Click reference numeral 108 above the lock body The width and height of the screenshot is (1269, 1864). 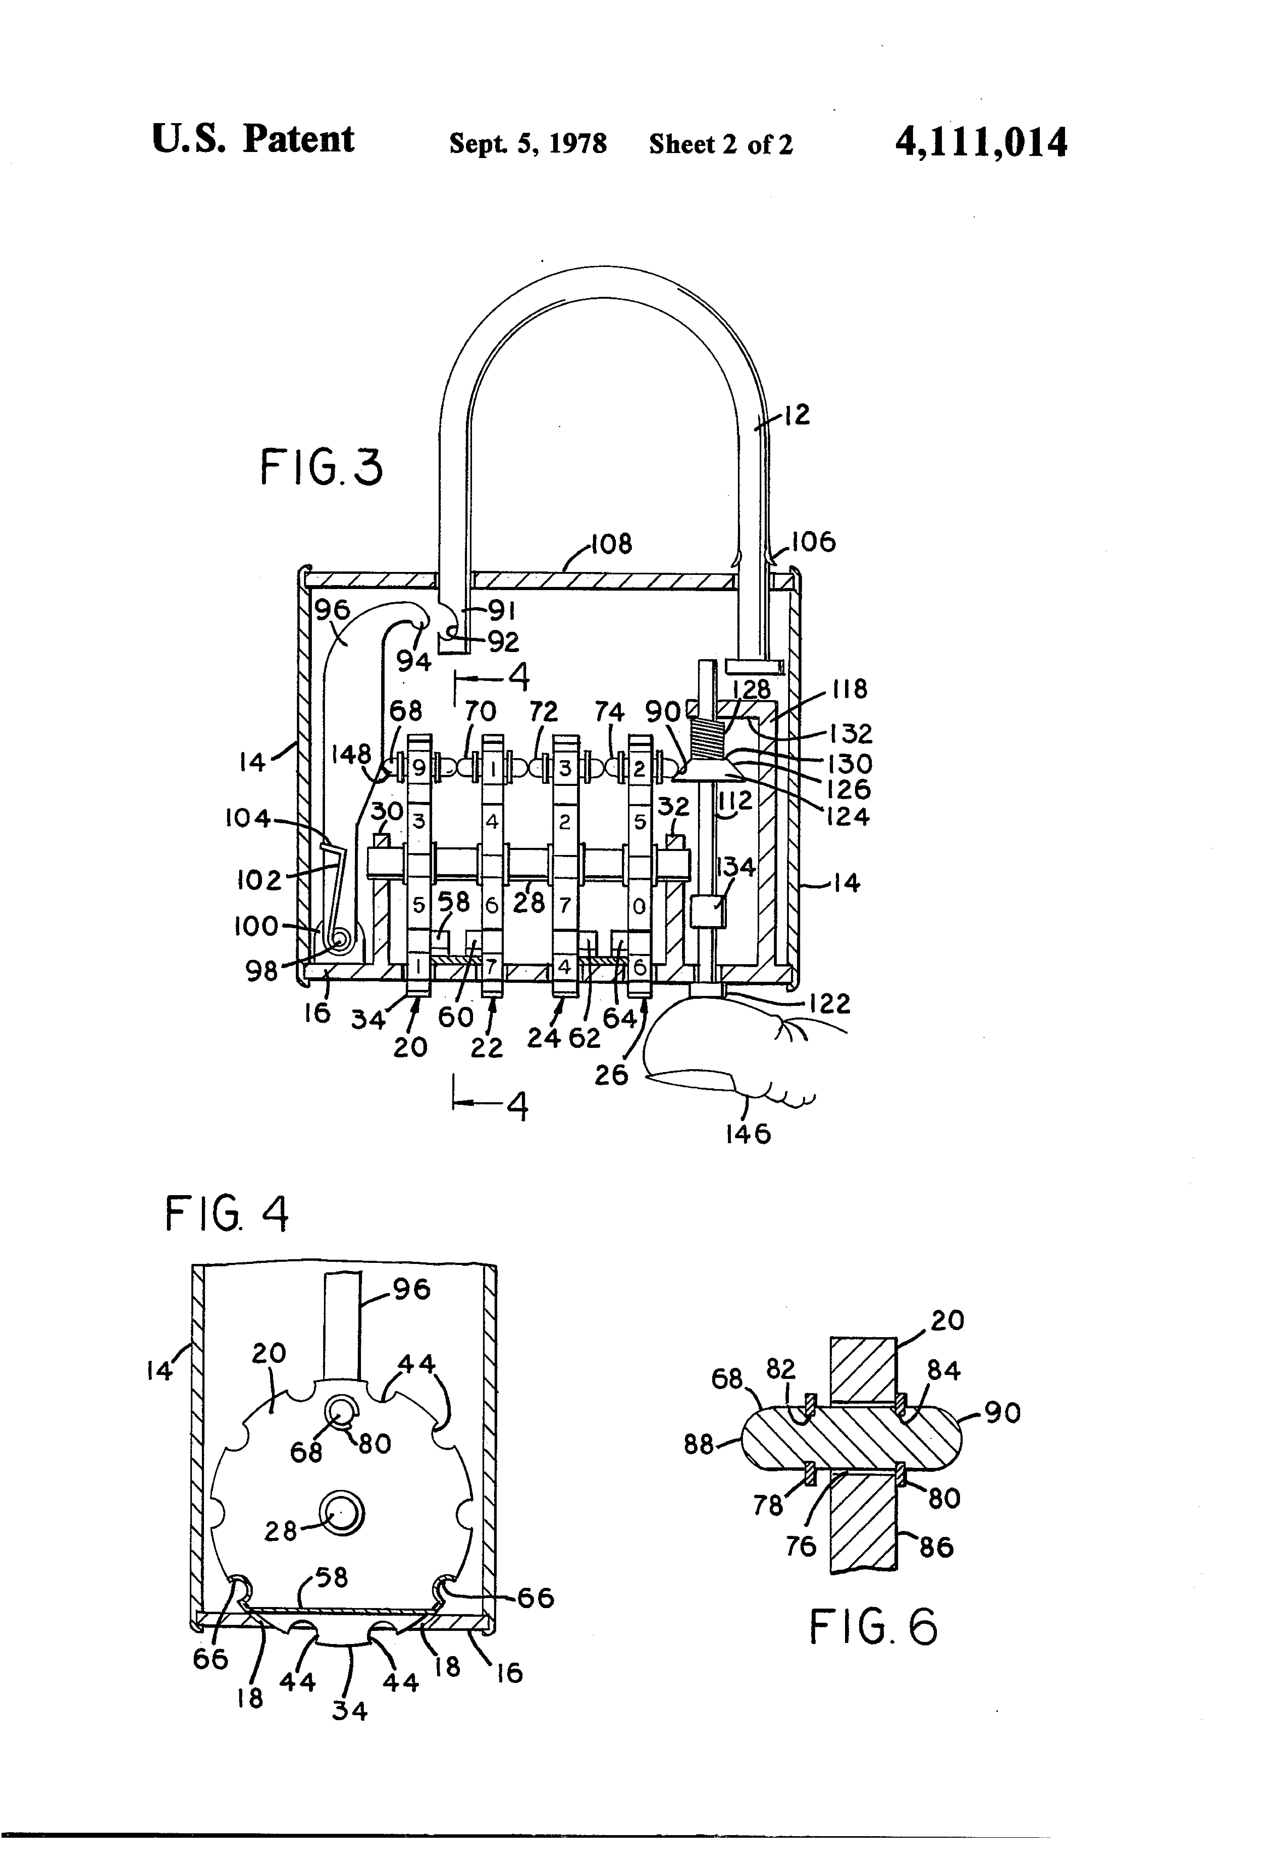point(611,545)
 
